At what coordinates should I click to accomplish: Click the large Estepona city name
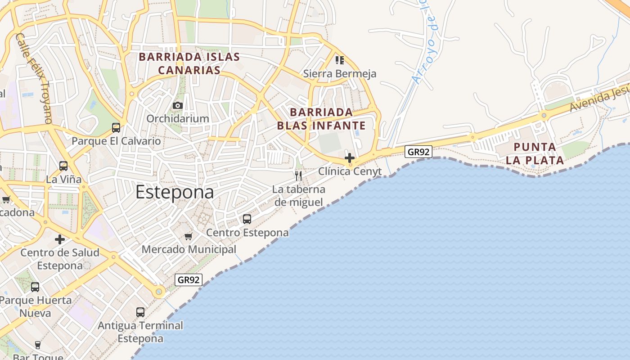pyautogui.click(x=175, y=192)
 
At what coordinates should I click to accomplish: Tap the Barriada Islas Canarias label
pyautogui.click(x=189, y=63)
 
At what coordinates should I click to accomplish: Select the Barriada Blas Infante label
pyautogui.click(x=321, y=119)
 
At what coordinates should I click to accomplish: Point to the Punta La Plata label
pyautogui.click(x=535, y=153)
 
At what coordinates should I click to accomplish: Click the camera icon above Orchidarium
pyautogui.click(x=178, y=105)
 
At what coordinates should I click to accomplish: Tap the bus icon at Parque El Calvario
pyautogui.click(x=116, y=127)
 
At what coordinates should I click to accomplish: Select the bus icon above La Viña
pyautogui.click(x=63, y=166)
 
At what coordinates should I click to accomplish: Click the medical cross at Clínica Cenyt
pyautogui.click(x=350, y=158)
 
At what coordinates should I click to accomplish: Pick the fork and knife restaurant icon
pyautogui.click(x=298, y=175)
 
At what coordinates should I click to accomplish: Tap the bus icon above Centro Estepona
pyautogui.click(x=247, y=219)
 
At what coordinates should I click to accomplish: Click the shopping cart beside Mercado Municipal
pyautogui.click(x=189, y=236)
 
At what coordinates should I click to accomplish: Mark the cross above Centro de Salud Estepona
pyautogui.click(x=59, y=239)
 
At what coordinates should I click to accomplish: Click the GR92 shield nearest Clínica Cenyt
pyautogui.click(x=418, y=152)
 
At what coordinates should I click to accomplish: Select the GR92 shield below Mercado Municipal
pyautogui.click(x=189, y=280)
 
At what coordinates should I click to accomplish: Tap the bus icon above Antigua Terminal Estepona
pyautogui.click(x=140, y=312)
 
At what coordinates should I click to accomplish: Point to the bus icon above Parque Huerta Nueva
pyautogui.click(x=35, y=287)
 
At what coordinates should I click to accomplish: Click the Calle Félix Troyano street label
pyautogui.click(x=34, y=78)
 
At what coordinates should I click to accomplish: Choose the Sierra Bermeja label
pyautogui.click(x=340, y=73)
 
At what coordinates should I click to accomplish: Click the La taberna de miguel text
pyautogui.click(x=298, y=196)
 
